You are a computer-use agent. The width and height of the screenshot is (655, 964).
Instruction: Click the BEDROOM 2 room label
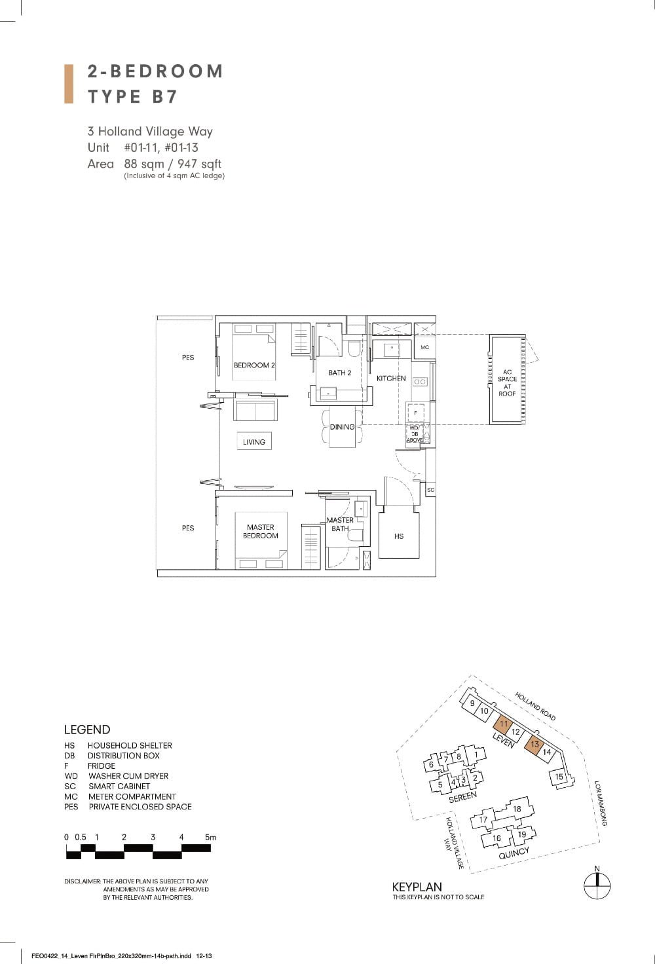254,365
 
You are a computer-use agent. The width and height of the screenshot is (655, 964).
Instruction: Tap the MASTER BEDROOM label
261,531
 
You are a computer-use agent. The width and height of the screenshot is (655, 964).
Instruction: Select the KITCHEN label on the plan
391,379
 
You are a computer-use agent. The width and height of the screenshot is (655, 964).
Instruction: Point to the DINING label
342,427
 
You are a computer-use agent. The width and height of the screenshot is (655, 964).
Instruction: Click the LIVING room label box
254,442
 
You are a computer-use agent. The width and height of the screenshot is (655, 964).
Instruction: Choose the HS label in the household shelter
399,536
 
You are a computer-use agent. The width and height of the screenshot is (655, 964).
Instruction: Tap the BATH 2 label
340,373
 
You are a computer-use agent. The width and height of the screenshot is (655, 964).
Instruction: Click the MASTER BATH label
340,524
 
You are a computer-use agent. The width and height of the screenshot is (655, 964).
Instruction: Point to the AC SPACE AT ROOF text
507,382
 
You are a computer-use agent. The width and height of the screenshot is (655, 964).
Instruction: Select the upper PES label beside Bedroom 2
188,358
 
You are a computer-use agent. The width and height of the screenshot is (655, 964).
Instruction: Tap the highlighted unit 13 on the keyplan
534,745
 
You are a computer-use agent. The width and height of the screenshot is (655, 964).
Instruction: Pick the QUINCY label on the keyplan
514,853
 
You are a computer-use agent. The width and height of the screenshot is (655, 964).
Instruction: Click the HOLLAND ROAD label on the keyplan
535,706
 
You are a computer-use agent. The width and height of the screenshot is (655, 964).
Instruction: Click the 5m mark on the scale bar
210,838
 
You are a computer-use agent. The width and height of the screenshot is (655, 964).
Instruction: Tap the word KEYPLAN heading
417,887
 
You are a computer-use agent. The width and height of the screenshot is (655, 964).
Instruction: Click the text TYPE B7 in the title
133,96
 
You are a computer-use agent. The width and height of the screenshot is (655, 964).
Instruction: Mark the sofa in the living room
255,411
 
